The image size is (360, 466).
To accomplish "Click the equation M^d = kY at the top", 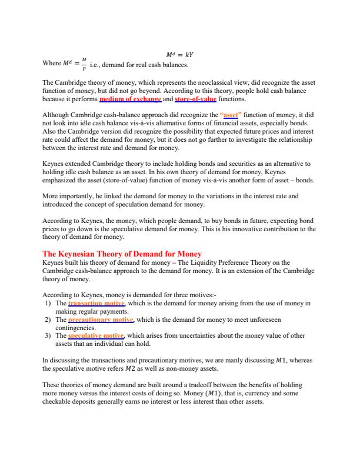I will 180,54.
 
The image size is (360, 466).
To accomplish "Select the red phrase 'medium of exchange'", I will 130,99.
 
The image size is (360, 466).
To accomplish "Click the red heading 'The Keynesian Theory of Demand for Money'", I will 122,254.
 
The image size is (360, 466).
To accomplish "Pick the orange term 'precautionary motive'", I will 101,319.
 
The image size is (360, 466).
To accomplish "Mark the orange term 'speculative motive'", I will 96,336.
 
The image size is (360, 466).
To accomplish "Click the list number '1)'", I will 49,303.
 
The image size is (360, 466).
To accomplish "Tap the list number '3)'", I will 49,336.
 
